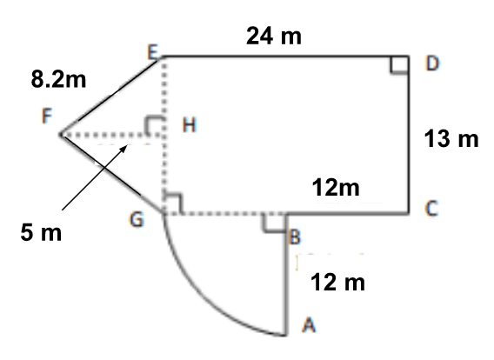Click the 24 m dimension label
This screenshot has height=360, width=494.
coord(274,36)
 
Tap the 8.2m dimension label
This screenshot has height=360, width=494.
coord(58,79)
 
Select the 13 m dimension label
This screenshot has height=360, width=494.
coord(451,138)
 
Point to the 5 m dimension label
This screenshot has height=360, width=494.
coord(41,232)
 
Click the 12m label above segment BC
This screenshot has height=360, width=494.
coord(336,188)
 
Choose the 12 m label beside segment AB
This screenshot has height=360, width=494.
coord(337,282)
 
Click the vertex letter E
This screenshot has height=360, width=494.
coord(153,52)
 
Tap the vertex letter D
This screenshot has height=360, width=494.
coord(432,63)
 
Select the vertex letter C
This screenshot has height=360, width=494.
coord(431,208)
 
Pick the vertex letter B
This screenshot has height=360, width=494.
coord(295,237)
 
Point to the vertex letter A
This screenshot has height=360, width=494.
coord(309,324)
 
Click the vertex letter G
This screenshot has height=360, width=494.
coord(137,219)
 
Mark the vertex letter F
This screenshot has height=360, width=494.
coord(47,116)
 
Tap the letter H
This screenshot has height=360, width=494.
coord(190,124)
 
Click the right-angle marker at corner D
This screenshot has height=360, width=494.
coord(399,64)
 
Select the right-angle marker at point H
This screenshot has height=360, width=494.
coord(155,127)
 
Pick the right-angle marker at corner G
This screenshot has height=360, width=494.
coord(173,204)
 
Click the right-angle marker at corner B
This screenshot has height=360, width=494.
coord(274,223)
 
